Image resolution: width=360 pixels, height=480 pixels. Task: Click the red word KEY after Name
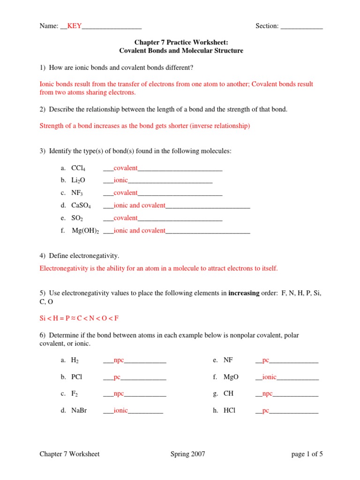click(75, 26)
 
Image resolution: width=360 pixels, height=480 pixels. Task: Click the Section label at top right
click(267, 26)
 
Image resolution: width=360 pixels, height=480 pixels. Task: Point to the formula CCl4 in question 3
click(78, 168)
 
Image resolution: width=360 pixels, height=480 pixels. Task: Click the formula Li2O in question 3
click(78, 180)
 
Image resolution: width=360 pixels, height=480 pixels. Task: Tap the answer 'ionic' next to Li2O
click(120, 180)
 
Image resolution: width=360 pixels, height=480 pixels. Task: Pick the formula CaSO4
click(81, 205)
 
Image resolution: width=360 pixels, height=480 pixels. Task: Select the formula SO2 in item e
click(77, 218)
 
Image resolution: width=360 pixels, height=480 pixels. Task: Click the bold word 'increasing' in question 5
click(243, 293)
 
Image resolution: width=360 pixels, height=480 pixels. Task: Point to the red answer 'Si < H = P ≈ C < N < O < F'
click(79, 318)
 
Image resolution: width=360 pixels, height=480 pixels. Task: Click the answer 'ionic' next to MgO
click(269, 376)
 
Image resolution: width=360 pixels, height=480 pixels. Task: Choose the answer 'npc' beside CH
click(267, 393)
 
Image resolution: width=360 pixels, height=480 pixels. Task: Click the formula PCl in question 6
click(77, 376)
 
